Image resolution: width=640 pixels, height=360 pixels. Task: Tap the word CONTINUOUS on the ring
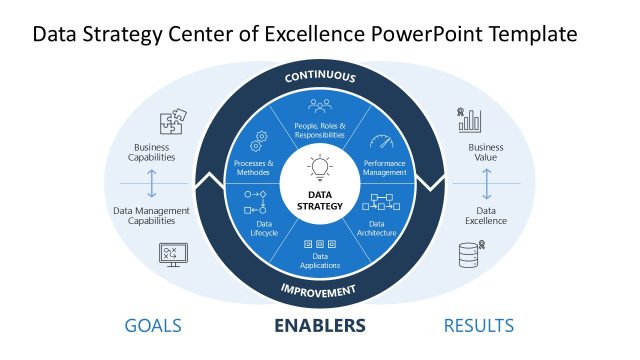(x=320, y=77)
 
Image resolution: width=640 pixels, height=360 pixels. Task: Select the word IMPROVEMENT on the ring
(x=320, y=291)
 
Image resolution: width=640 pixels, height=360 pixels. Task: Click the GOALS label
(x=153, y=325)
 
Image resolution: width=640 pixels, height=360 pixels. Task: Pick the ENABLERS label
(x=320, y=325)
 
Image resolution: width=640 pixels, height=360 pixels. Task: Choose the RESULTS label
(x=479, y=325)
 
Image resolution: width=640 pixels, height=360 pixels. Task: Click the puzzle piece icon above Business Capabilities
(x=171, y=123)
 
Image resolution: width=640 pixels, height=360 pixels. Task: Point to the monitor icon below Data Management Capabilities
(x=171, y=254)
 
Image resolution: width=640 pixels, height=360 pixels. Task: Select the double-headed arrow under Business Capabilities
(x=152, y=184)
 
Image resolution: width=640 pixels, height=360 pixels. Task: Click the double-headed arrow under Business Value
(x=487, y=184)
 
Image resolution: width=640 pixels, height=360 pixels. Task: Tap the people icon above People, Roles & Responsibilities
(x=320, y=104)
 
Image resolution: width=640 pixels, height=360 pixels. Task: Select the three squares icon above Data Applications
(x=320, y=245)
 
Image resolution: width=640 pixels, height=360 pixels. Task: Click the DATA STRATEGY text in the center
(x=320, y=200)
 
